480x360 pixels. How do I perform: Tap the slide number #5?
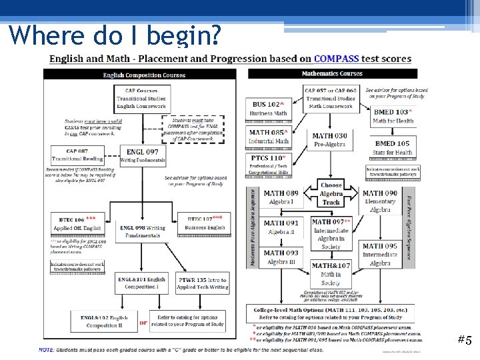pyautogui.click(x=464, y=340)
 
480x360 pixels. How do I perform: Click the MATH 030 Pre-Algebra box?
pyautogui.click(x=330, y=140)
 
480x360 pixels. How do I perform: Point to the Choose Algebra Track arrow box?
pyautogui.click(x=331, y=193)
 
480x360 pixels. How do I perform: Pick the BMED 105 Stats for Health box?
pyautogui.click(x=393, y=147)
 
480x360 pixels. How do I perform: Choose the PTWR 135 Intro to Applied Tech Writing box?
pyautogui.click(x=202, y=283)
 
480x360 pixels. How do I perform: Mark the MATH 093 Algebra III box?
pyautogui.click(x=281, y=257)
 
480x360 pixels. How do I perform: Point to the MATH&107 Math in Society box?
pyautogui.click(x=331, y=274)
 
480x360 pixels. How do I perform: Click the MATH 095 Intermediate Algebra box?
pyautogui.click(x=380, y=255)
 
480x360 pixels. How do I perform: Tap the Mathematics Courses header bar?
pyautogui.click(x=332, y=73)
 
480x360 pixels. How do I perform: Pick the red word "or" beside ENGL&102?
pyautogui.click(x=143, y=323)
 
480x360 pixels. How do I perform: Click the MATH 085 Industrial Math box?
pyautogui.click(x=270, y=136)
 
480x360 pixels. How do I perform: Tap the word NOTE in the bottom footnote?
pyautogui.click(x=47, y=349)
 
